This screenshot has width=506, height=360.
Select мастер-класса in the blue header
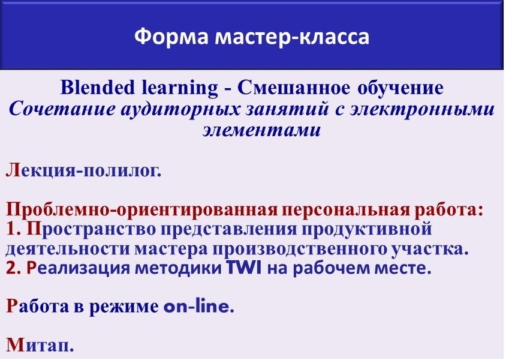[x=292, y=37]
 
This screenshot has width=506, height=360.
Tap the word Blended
[x=98, y=87]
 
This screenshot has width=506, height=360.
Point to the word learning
[x=180, y=88]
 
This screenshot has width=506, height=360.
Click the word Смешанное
[x=293, y=88]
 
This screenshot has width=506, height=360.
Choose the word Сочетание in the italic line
[x=62, y=109]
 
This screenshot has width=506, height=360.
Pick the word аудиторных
[x=180, y=110]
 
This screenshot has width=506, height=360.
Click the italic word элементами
[x=262, y=130]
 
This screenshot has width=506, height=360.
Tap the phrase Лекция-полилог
[x=83, y=170]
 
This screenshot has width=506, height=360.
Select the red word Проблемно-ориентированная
[x=141, y=209]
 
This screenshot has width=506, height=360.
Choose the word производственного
[x=300, y=249]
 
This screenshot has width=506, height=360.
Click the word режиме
[x=124, y=307]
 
